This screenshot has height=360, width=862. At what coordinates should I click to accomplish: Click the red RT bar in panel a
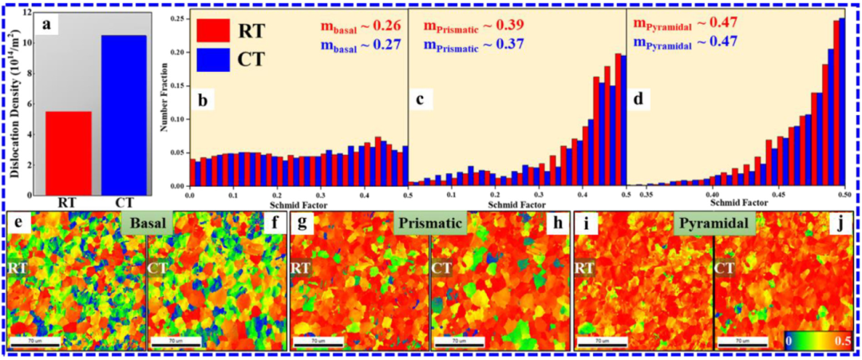click(x=68, y=152)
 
